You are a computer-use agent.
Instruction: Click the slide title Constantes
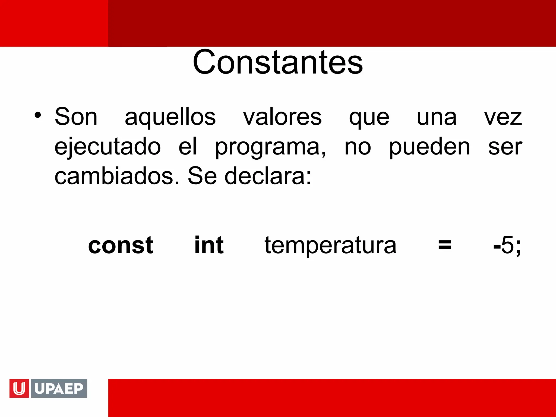277,62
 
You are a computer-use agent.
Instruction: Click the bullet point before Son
38,115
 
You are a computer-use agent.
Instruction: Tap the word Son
76,117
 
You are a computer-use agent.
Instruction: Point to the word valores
282,117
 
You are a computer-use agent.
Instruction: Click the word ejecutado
108,147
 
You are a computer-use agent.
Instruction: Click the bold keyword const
121,245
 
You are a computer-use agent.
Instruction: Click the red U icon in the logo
19,388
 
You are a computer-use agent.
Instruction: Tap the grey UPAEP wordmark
59,388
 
